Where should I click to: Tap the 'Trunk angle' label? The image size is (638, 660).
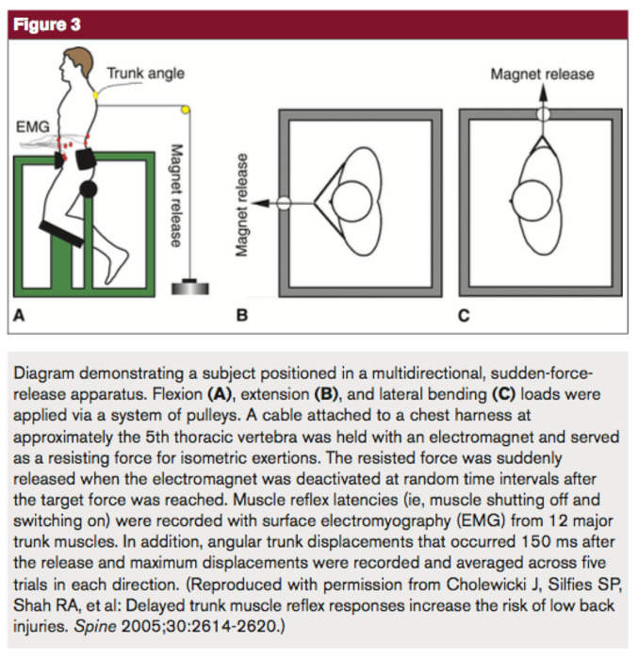[145, 73]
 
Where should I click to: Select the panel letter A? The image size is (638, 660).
[18, 317]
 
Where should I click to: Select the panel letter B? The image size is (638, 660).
[242, 316]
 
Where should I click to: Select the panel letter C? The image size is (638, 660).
[464, 316]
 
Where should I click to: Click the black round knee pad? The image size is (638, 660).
[89, 190]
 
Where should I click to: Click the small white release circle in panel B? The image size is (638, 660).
[284, 202]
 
